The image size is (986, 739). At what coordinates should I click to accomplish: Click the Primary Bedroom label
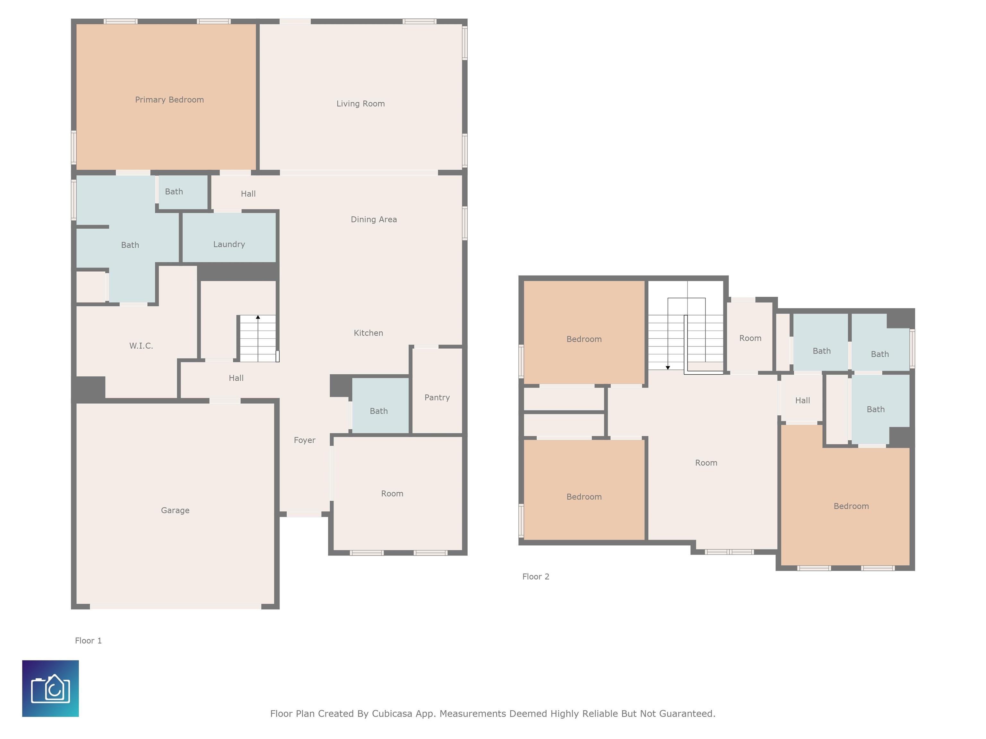(169, 100)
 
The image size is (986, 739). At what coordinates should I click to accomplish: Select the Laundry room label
(229, 244)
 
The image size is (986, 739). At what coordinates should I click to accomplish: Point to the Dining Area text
(374, 219)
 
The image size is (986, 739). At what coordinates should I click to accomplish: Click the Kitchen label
(368, 333)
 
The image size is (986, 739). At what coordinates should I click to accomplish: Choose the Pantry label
(437, 397)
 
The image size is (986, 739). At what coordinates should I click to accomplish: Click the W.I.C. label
(141, 346)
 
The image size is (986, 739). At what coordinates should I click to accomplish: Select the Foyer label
(305, 440)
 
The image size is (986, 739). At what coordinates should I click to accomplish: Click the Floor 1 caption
(88, 641)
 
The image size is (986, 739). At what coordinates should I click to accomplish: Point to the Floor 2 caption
(536, 576)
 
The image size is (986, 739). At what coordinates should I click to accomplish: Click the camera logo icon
(50, 689)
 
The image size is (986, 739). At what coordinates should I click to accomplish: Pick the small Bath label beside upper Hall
(174, 191)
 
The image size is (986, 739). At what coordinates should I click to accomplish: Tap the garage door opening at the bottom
(176, 607)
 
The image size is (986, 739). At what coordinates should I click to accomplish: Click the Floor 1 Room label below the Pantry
(392, 494)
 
